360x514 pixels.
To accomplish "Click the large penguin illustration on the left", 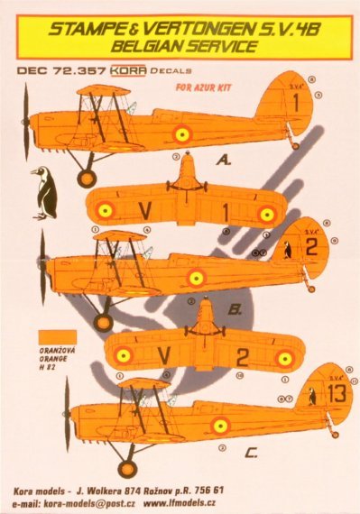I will (x=42, y=193).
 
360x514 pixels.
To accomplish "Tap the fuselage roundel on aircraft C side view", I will (x=220, y=424).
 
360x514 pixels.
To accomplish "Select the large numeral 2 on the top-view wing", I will (x=242, y=357).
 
